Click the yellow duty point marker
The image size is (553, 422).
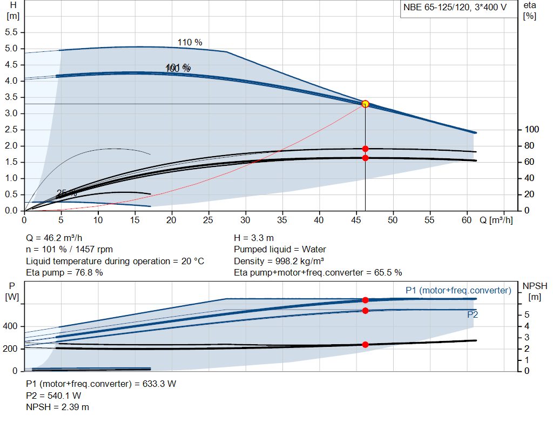pos(365,104)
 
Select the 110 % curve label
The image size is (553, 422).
pos(190,42)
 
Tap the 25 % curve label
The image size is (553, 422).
pos(66,193)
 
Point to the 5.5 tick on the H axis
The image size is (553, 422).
pos(12,32)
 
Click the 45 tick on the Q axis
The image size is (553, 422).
pos(356,220)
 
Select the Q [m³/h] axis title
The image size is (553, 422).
pos(496,220)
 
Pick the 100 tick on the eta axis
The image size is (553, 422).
pos(531,130)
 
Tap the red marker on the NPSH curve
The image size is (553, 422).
pos(365,344)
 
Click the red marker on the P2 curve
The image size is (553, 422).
pos(365,311)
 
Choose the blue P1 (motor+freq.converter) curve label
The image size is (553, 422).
pos(458,291)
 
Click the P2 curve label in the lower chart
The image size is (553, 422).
pos(473,314)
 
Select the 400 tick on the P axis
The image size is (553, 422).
pos(11,327)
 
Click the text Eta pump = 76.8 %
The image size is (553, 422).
pos(64,273)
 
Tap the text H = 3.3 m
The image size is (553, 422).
pos(253,238)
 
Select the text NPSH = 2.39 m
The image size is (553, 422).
pos(58,407)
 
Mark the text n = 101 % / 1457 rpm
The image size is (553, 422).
pos(70,250)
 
